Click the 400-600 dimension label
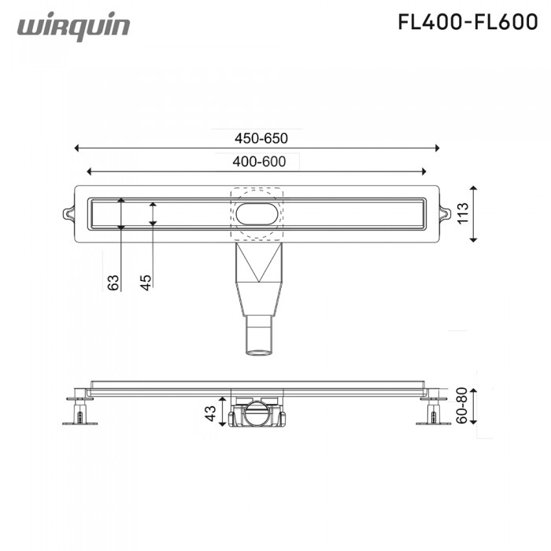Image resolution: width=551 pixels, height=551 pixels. click(259, 161)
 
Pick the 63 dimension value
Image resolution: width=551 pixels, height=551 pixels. click(113, 281)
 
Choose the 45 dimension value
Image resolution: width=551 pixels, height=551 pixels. click(146, 281)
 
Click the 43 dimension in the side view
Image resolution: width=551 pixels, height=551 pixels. click(211, 413)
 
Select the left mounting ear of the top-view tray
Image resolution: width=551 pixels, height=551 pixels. click(68, 213)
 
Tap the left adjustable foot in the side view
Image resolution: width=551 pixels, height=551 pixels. click(80, 412)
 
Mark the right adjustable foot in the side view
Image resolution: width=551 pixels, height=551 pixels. click(431, 411)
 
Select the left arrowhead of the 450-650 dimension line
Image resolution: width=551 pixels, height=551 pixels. click(76, 147)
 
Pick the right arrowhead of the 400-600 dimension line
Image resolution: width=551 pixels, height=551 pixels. click(424, 171)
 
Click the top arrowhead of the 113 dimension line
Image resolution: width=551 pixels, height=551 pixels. click(472, 188)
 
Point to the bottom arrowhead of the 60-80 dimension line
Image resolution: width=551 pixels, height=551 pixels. click(472, 423)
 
